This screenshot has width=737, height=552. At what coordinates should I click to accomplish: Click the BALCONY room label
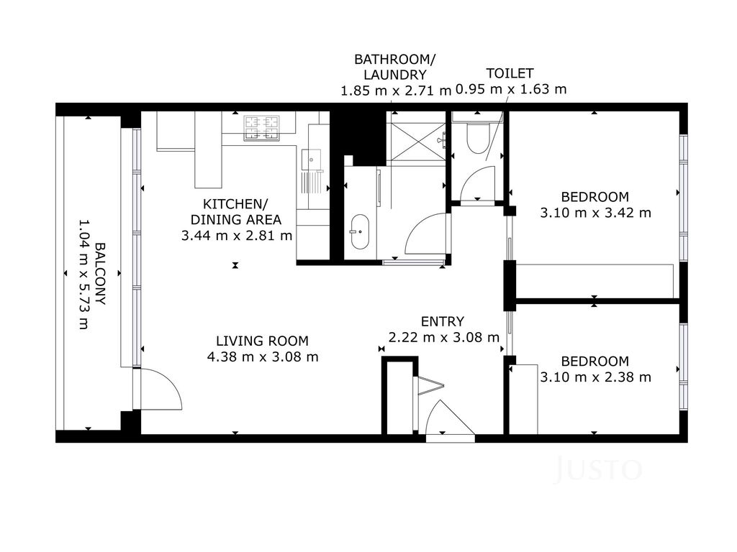click(x=101, y=274)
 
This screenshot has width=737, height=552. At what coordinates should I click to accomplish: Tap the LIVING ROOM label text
click(x=262, y=341)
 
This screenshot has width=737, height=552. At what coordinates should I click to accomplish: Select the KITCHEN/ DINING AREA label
click(x=235, y=212)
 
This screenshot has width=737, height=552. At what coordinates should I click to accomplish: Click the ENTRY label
click(x=443, y=321)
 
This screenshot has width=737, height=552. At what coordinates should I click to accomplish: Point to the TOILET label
click(x=510, y=74)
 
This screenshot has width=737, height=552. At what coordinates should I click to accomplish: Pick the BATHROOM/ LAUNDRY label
click(x=395, y=67)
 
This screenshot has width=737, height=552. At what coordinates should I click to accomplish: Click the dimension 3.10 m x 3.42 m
click(x=595, y=213)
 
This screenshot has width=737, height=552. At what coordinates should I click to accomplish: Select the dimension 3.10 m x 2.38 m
click(x=595, y=377)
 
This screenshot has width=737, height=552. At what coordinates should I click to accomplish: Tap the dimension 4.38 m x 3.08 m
click(x=263, y=356)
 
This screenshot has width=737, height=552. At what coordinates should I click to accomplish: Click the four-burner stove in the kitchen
click(x=261, y=128)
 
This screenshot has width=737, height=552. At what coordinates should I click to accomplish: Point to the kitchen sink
click(x=311, y=160)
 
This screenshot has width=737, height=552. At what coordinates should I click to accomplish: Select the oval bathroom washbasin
click(x=360, y=232)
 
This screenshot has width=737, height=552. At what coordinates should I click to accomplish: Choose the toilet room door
click(x=478, y=184)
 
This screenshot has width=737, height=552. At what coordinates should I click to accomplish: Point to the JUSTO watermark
click(x=599, y=469)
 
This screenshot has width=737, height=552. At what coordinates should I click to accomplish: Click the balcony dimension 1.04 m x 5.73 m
click(x=83, y=274)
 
